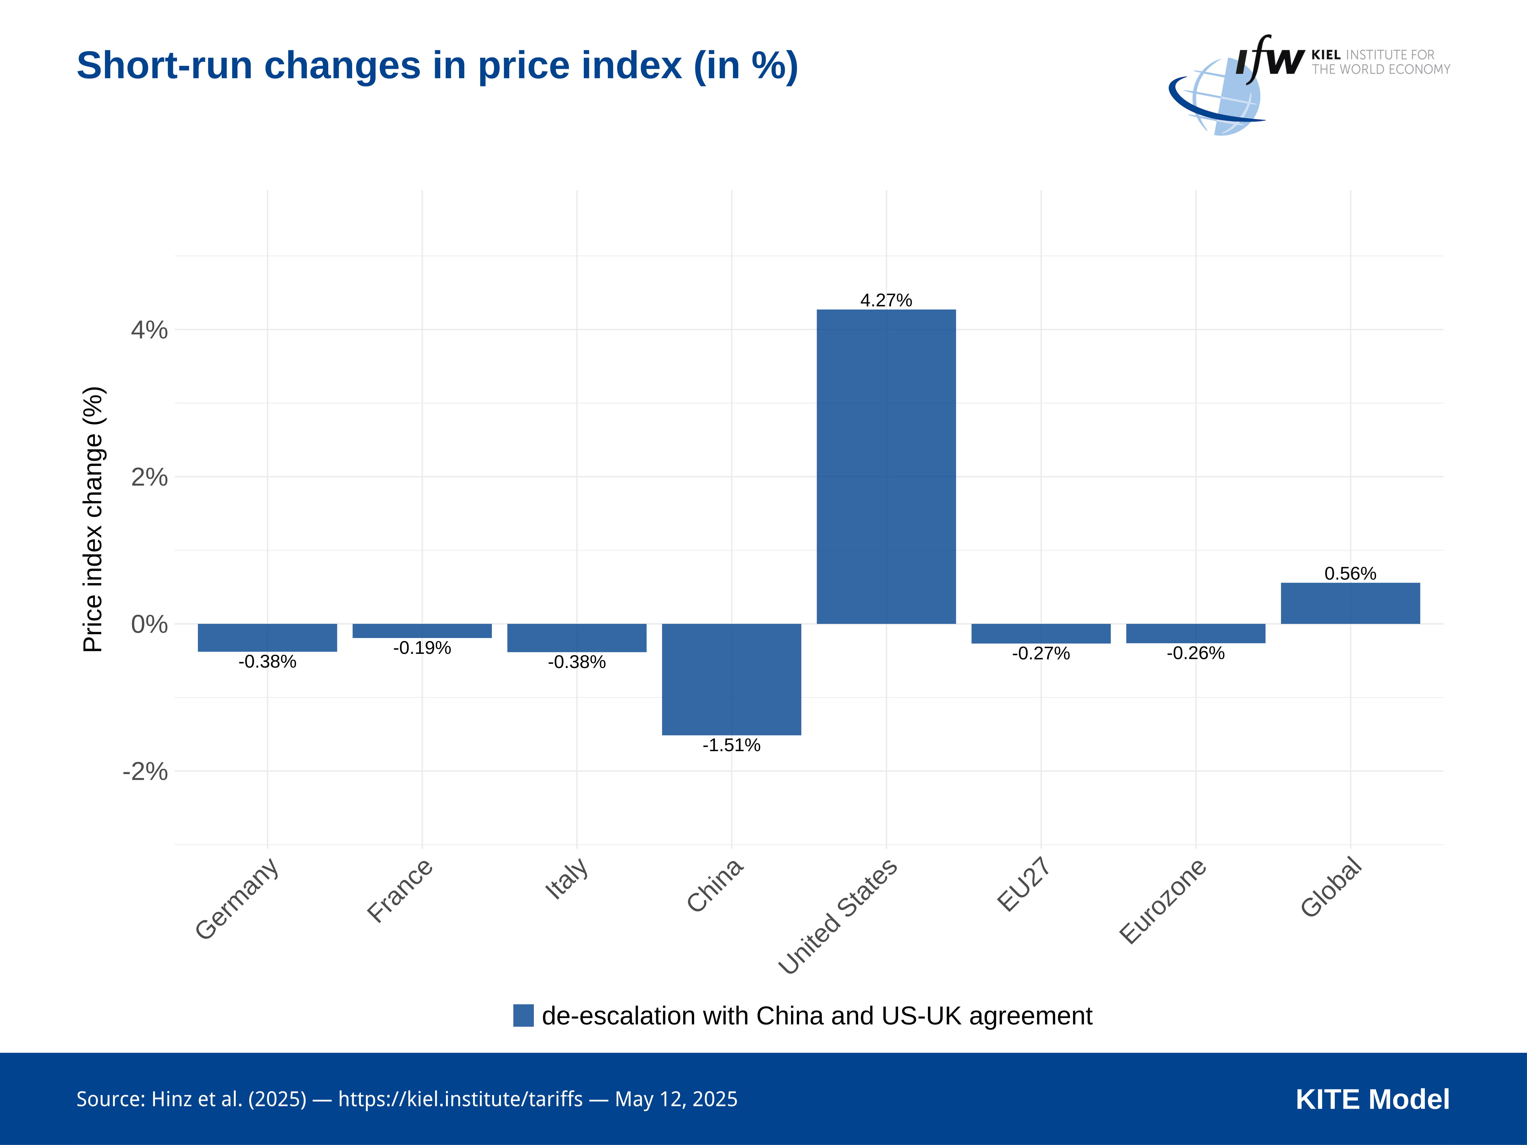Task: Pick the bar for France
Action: (x=422, y=631)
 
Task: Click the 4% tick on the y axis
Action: (x=149, y=330)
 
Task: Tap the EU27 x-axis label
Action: (x=1024, y=884)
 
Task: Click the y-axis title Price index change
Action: (x=93, y=519)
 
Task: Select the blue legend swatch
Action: (x=523, y=1015)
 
